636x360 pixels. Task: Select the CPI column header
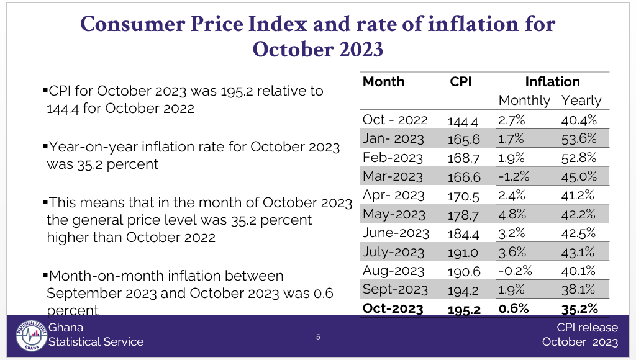tap(461, 82)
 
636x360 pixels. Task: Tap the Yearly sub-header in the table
tap(581, 101)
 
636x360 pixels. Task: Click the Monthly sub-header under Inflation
tap(524, 101)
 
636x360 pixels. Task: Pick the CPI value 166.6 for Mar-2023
tap(464, 177)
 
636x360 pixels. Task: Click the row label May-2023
tap(394, 214)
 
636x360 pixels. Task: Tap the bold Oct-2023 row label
tap(393, 308)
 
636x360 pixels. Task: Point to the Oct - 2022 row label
tap(395, 120)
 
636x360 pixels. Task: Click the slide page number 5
tap(318, 337)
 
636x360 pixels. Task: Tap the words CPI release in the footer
tap(587, 328)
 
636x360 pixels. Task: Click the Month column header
tap(383, 82)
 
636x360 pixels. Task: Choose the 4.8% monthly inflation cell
tap(511, 214)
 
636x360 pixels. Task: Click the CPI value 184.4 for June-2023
tap(463, 233)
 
